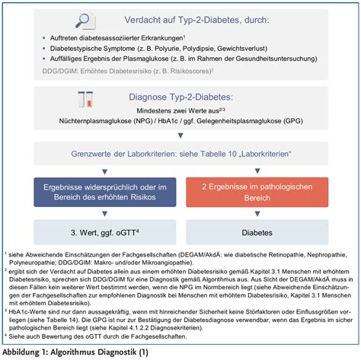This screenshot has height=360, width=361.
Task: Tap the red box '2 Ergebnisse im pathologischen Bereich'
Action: point(261,192)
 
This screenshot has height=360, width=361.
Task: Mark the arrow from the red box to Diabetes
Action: point(261,215)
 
